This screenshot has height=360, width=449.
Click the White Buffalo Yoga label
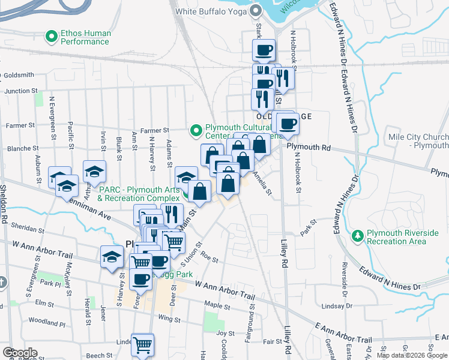pyautogui.click(x=211, y=11)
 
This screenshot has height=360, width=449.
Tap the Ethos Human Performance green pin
pyautogui.click(x=52, y=37)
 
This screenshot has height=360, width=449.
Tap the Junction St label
pyautogui.click(x=21, y=91)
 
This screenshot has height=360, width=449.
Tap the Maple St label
pyautogui.click(x=214, y=304)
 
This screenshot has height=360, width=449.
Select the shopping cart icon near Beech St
pyautogui.click(x=142, y=345)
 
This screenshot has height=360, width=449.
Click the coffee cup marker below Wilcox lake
pyautogui.click(x=263, y=50)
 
